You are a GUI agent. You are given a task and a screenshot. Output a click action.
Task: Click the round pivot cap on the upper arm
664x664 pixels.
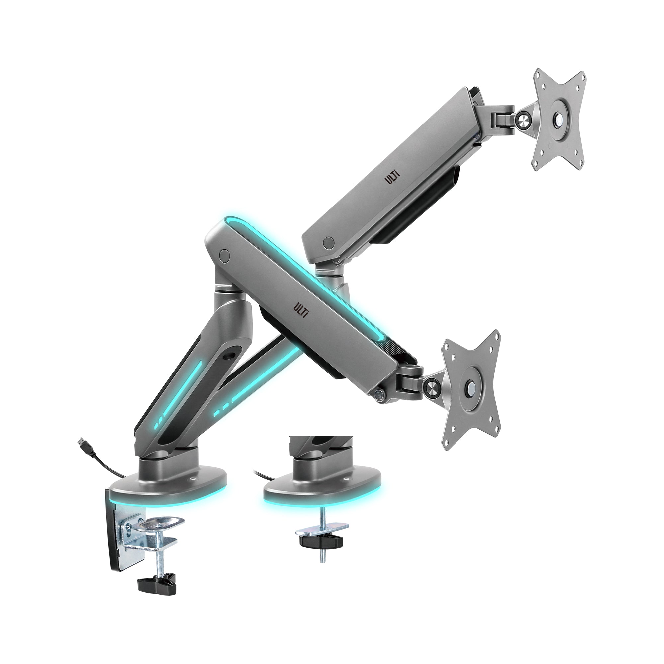(x=329, y=243)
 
